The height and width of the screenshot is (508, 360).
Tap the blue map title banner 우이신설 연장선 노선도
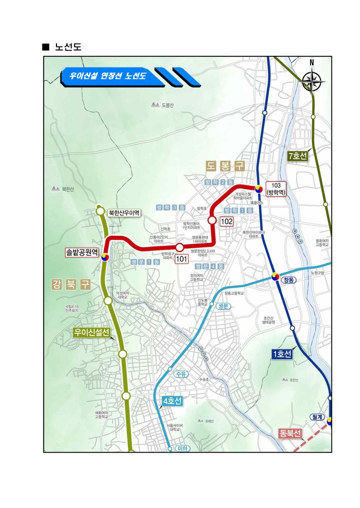(108, 76)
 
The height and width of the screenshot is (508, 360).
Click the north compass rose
(313, 81)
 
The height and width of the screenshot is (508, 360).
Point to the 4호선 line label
(172, 401)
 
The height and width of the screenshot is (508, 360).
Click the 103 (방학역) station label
(276, 189)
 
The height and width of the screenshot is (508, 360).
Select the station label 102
(227, 220)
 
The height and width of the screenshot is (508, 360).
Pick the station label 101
(181, 258)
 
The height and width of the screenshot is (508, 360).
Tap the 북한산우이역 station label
(124, 213)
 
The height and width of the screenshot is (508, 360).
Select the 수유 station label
(180, 374)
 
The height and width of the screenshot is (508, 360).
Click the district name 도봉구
(225, 165)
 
